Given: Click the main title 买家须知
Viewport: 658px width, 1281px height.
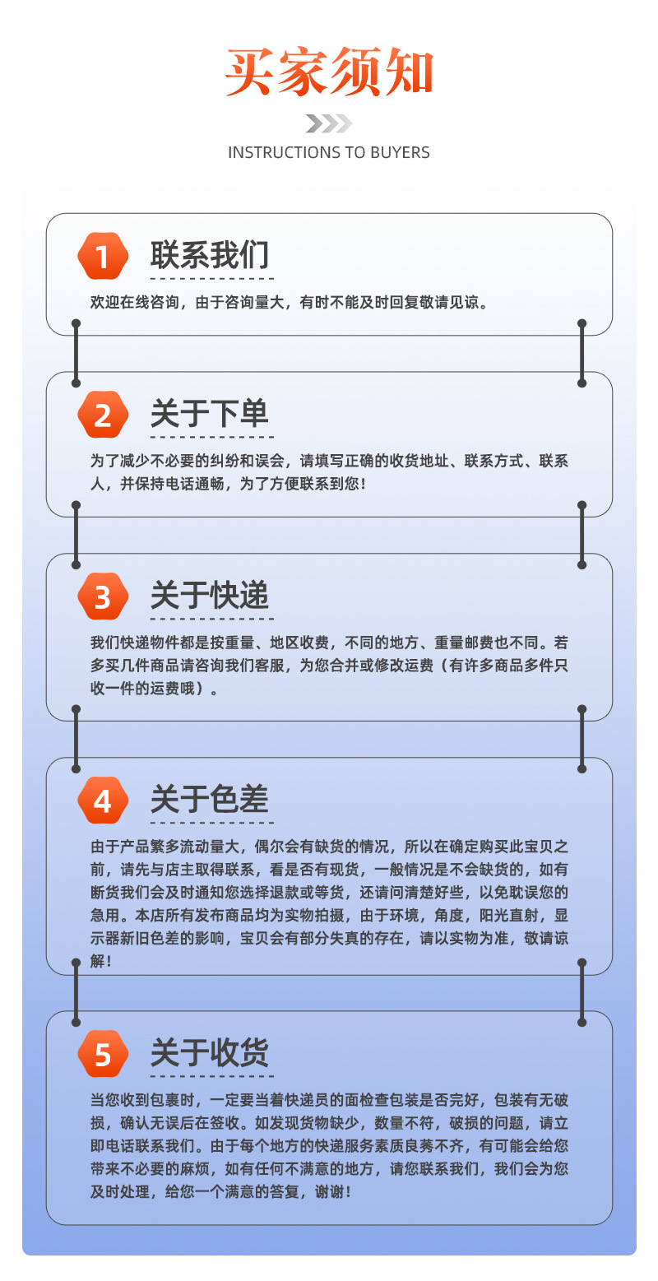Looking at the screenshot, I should pos(329,73).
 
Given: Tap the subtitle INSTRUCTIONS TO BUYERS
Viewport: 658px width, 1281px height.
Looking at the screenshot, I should pos(329,152).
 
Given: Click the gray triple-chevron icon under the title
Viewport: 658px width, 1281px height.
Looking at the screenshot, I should pos(329,123).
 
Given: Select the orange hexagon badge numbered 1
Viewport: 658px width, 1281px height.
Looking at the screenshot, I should pos(103,257).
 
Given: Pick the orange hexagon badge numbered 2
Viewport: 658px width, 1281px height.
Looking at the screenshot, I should pos(103,415).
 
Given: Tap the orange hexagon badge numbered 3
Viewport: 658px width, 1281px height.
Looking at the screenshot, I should pos(103,596).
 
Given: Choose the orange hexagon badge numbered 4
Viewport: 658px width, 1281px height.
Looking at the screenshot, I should pos(103,801).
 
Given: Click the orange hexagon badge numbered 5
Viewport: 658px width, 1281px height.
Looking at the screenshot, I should pos(103,1054).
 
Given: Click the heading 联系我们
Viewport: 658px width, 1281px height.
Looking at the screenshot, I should pos(210,256).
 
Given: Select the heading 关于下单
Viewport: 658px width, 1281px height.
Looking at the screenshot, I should pos(210,414).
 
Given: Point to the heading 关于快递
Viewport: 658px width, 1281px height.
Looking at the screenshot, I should pos(210,596).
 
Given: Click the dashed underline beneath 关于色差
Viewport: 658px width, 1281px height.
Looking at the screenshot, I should pos(211,822).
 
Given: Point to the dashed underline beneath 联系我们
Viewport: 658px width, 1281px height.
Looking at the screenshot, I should pos(211,278).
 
